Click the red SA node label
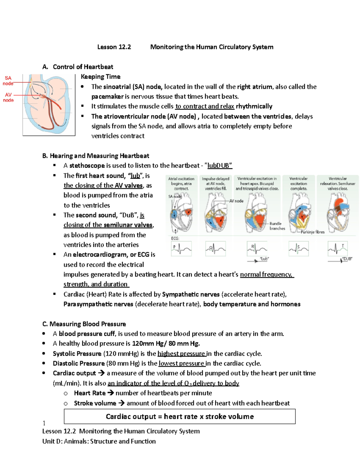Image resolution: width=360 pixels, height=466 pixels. tap(8, 80)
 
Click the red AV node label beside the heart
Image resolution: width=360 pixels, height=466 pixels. tap(8, 97)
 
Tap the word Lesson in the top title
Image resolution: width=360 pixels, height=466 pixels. tap(107, 47)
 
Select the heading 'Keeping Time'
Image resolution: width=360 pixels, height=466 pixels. tap(100, 77)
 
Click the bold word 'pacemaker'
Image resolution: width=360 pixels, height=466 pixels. tap(107, 96)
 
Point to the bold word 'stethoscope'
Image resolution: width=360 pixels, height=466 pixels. tap(87, 165)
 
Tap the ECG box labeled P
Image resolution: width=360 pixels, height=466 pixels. tap(181, 249)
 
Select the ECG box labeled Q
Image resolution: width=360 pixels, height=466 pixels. tap(215, 249)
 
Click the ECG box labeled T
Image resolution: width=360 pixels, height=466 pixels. tap(337, 248)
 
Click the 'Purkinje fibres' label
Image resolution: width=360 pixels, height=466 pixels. tap(312, 232)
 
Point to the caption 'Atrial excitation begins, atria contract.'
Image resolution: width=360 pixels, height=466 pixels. tap(181, 183)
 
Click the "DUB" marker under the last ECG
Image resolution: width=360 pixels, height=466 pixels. tap(347, 259)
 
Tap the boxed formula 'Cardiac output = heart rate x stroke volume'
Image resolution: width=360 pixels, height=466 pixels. tap(179, 416)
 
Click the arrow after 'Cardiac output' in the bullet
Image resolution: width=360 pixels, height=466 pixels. tap(101, 373)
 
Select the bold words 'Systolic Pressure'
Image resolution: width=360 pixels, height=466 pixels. tap(77, 353)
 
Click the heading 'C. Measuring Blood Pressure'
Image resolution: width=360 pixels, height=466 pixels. tap(84, 324)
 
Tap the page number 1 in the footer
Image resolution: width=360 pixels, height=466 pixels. tap(44, 423)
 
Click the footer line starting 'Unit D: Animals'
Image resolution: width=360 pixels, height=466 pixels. tap(99, 441)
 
